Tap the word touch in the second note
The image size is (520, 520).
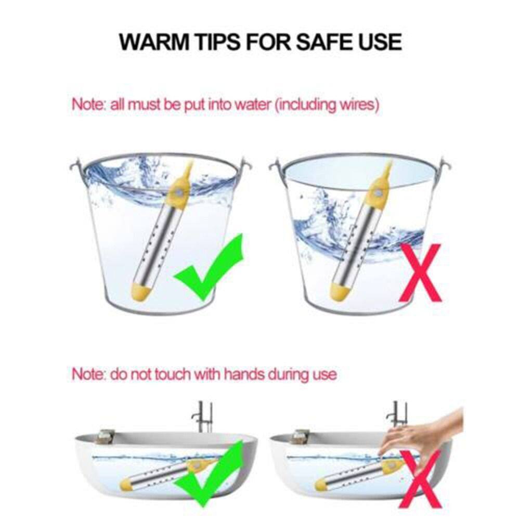coord(172,374)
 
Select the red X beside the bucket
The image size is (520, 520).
coord(420,272)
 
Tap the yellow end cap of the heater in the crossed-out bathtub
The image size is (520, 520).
coord(320,484)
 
